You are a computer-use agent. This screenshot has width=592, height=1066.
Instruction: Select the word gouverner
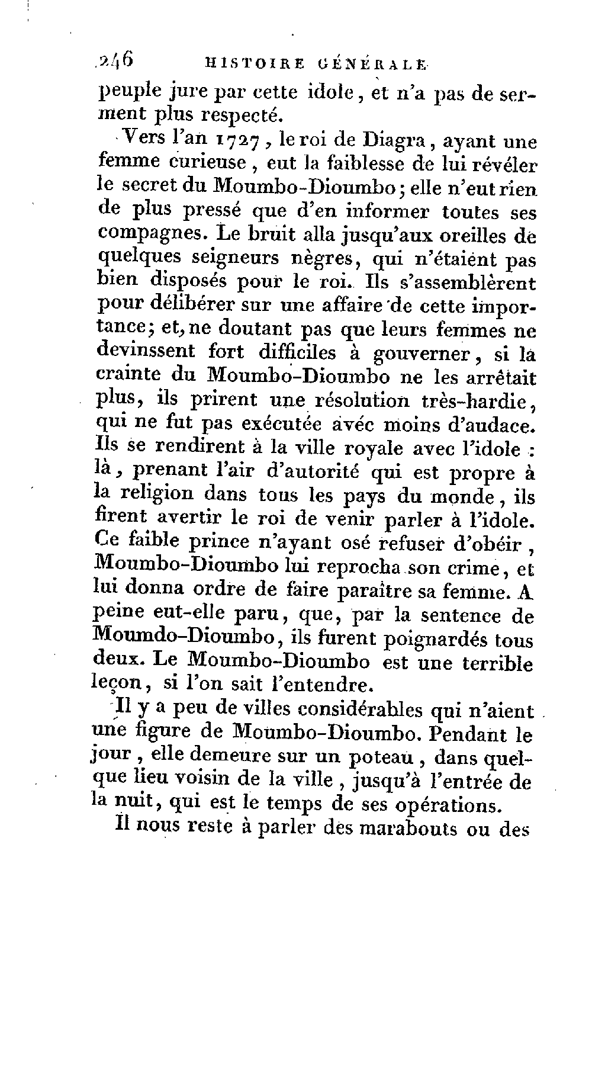[x=421, y=354]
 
